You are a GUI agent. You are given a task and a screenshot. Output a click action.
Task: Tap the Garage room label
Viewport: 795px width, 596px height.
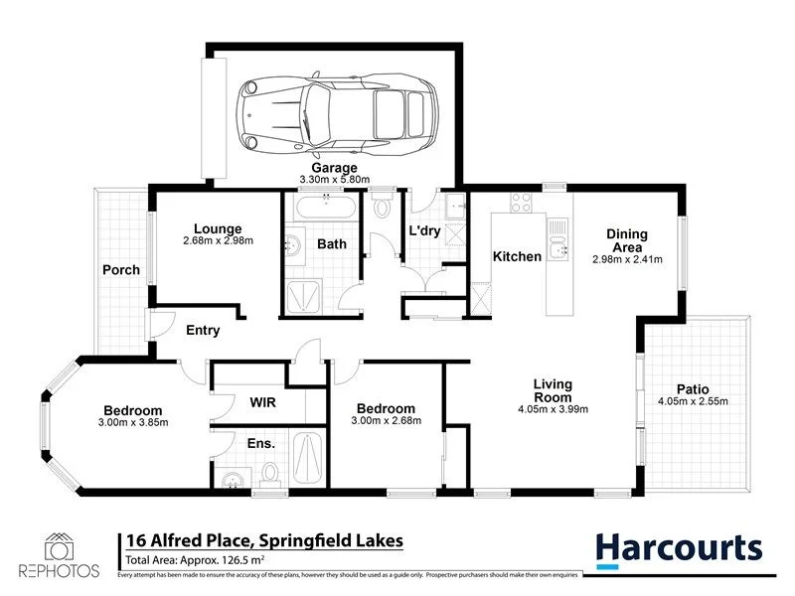[334, 169]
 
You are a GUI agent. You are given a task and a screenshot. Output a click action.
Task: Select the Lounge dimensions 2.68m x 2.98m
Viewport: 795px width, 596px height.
[219, 241]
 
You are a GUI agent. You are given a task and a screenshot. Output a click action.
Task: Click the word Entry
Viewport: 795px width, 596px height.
[203, 331]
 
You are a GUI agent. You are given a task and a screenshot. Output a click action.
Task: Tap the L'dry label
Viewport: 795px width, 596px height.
[425, 231]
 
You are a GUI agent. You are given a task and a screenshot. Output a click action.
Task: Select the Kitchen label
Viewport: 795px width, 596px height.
[518, 257]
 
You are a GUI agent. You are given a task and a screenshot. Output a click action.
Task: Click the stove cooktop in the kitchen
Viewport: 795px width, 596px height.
[522, 202]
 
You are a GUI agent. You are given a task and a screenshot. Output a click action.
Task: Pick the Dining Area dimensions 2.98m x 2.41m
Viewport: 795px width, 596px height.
[627, 260]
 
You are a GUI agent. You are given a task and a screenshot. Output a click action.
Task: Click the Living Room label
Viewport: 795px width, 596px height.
[554, 390]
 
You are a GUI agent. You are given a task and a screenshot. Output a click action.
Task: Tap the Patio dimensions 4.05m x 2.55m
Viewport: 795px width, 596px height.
[693, 402]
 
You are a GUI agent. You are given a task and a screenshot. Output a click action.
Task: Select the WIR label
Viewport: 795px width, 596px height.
[261, 404]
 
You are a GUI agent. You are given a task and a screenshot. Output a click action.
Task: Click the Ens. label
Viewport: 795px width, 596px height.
[261, 444]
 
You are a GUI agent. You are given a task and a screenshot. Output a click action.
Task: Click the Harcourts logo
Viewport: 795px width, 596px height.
[680, 547]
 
